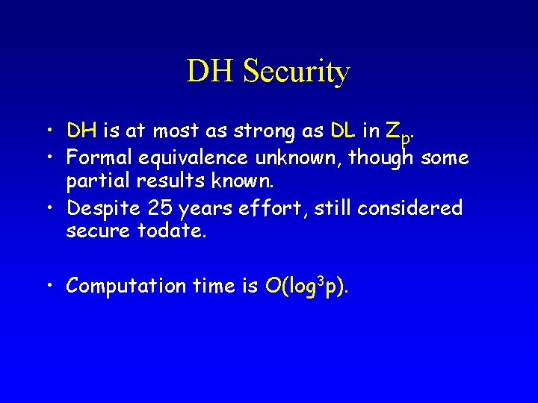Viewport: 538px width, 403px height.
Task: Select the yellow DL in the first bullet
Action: click(342, 131)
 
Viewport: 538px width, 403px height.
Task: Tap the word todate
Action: click(173, 232)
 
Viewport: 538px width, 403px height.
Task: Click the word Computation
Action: click(126, 286)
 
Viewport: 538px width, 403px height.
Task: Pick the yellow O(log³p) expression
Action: click(307, 286)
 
